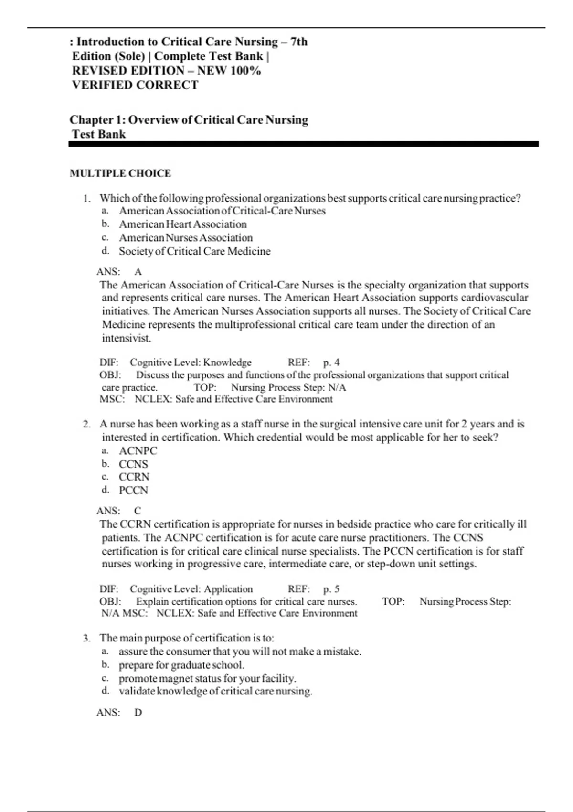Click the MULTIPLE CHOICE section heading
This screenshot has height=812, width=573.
120,173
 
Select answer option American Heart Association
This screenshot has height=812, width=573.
183,224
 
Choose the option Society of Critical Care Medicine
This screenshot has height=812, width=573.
194,251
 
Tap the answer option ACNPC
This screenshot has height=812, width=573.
138,451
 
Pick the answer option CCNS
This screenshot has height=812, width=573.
133,464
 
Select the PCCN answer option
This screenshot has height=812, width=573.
133,491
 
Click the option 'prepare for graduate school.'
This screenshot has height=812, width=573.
181,665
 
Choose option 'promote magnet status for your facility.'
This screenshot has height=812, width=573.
207,678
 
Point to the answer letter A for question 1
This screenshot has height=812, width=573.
138,272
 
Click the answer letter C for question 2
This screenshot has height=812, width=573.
138,511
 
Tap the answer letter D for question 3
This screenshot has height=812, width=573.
138,713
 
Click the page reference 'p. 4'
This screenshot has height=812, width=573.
331,363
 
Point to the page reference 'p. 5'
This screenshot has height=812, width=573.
331,589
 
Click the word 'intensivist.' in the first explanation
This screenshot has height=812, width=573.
127,338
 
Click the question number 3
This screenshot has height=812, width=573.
86,638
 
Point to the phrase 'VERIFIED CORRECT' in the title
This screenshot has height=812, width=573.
135,85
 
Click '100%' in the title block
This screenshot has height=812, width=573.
245,71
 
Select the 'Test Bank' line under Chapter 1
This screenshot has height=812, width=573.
99,134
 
